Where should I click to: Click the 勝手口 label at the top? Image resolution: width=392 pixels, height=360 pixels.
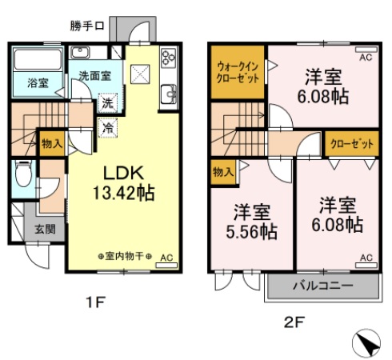(87, 26)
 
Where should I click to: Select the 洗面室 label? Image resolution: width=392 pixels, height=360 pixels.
(99, 77)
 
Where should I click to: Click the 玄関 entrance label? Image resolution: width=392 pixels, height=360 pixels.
(45, 229)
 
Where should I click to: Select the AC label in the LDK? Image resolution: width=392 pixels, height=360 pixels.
(166, 258)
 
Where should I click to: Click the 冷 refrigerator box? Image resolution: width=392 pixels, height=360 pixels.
(106, 126)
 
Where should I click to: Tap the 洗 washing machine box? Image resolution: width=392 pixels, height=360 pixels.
(106, 103)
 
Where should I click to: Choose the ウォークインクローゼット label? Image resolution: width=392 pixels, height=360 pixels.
(238, 73)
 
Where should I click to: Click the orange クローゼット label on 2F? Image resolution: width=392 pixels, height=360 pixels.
(351, 143)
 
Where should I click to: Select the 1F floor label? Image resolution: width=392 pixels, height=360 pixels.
(95, 302)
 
